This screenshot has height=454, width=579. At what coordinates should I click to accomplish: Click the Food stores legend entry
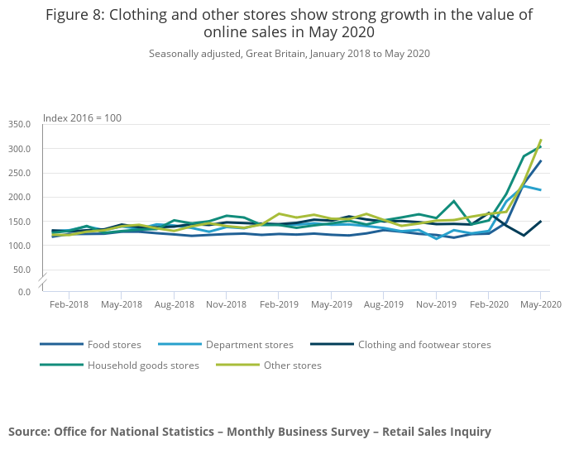(114, 345)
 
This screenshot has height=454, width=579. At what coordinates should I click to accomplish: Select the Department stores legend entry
(249, 345)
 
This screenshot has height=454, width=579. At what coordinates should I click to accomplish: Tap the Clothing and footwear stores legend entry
(424, 345)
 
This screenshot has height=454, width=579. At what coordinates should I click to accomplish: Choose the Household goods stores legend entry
(143, 365)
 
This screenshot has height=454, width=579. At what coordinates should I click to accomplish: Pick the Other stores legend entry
(292, 365)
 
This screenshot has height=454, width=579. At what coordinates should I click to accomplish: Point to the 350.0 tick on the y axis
(20, 125)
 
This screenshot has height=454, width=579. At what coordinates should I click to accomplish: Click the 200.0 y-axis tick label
(20, 198)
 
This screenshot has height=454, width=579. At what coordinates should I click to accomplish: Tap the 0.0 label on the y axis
(24, 292)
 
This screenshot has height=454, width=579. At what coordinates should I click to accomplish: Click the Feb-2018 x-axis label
(69, 305)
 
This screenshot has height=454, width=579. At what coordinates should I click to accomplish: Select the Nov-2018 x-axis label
(226, 305)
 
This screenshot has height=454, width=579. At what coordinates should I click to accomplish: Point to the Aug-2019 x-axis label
(384, 305)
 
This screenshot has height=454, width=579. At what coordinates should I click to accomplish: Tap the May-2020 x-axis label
(541, 305)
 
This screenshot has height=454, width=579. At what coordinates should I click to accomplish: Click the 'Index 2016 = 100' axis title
(82, 117)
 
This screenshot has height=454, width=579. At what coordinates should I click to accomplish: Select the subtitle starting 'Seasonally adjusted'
(289, 54)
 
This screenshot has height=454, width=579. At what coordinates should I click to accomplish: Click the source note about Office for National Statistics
(250, 431)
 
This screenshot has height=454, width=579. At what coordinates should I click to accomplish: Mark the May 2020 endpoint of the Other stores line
(541, 140)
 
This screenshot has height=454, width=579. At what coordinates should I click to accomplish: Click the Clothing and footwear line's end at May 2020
(541, 221)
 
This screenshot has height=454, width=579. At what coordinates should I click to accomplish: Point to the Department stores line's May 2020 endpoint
(541, 190)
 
